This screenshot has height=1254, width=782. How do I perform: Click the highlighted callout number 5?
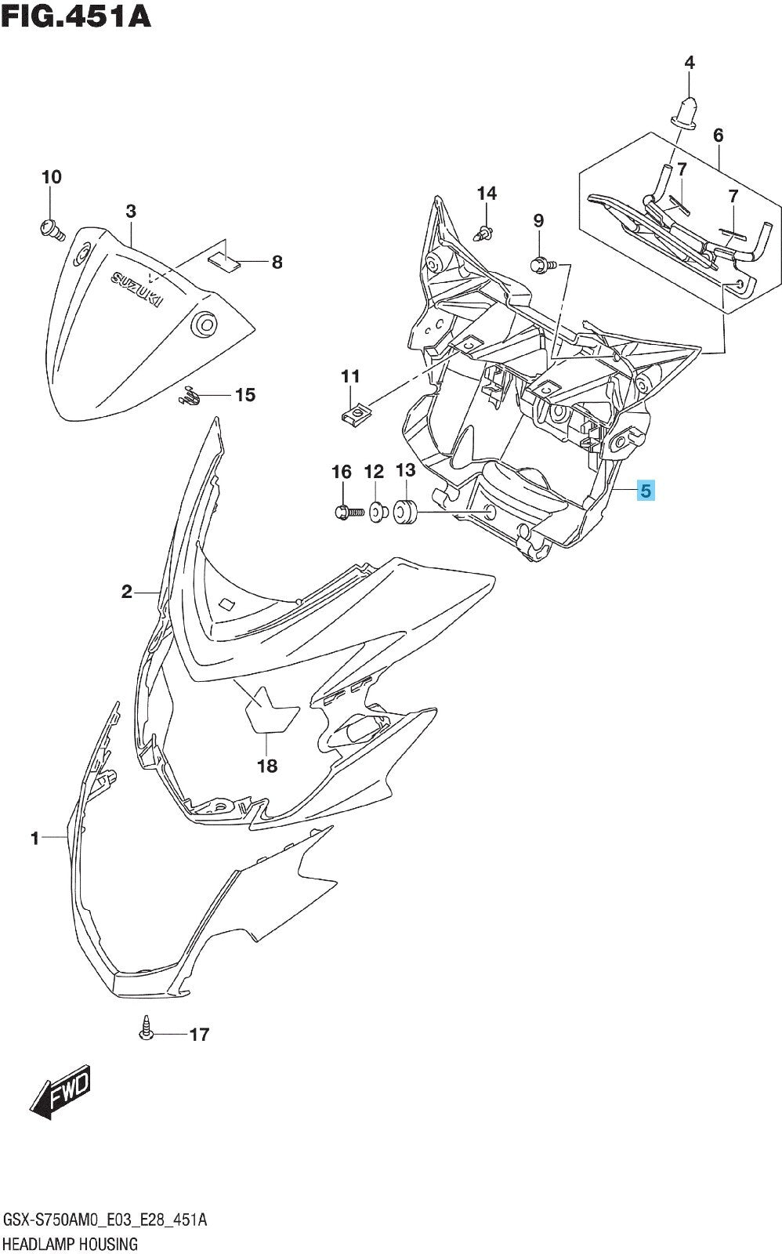pos(646,491)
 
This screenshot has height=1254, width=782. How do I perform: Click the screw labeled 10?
pos(51,229)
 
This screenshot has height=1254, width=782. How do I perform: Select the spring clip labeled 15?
pos(189,396)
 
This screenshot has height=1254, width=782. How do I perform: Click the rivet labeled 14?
pos(485,233)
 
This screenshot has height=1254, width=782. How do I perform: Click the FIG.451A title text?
pos(76,16)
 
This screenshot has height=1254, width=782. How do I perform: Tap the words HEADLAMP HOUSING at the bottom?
pos(71,1244)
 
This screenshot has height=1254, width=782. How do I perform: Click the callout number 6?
pos(719,135)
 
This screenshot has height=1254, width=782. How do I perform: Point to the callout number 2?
pos(126,591)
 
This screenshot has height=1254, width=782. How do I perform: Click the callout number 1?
pos(34,838)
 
